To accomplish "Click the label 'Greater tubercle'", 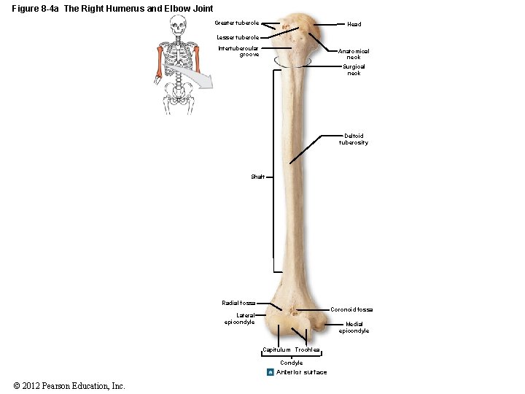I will tap(236, 23).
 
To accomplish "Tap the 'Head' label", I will tap(354, 24).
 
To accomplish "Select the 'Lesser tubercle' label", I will tap(238, 37).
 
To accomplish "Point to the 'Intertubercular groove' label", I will tap(238, 51).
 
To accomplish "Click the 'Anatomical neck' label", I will tap(354, 54).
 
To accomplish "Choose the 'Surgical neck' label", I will tap(354, 69).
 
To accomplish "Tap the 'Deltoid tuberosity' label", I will tap(354, 139).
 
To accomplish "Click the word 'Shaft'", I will tap(258, 177).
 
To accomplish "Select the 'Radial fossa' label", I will tap(238, 303).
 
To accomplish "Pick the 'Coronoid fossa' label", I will tap(351, 309).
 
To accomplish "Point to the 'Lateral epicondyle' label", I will tap(240, 318).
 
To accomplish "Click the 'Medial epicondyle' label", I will tap(354, 327).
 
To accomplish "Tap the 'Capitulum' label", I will tap(276, 350).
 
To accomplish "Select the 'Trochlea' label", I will tap(308, 350).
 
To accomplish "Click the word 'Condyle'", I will tap(292, 363).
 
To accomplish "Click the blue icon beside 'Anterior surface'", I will tap(270, 372).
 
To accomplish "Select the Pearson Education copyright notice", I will tap(69, 385).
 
